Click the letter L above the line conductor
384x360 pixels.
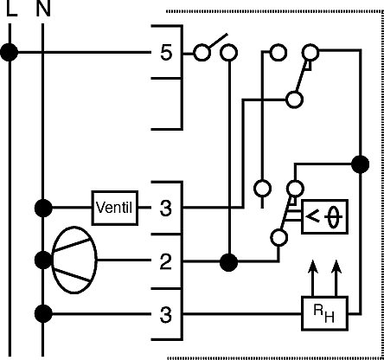tap(11, 8)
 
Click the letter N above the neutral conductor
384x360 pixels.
tap(43, 8)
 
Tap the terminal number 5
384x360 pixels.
tap(166, 53)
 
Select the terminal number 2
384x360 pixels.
tap(165, 262)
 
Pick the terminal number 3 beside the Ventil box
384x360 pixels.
tap(166, 208)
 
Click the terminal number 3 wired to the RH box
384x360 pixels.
tap(166, 314)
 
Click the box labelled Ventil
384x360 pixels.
tap(115, 208)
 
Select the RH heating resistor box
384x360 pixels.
tap(324, 313)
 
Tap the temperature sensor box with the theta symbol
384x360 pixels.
tap(324, 216)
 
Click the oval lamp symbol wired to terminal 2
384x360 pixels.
tap(74, 260)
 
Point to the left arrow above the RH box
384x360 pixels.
tap(312, 278)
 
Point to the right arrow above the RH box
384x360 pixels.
tap(336, 278)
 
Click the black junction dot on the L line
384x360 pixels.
tap(10, 53)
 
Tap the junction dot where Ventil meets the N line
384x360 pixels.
tap(43, 208)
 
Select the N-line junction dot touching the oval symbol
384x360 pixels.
tap(43, 260)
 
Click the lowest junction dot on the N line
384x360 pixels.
tap(43, 314)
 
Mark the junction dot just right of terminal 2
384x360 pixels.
tap(228, 262)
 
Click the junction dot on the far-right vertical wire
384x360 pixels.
tap(361, 164)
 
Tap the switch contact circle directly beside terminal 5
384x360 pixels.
tap(202, 53)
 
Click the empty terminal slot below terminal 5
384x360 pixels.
tap(167, 104)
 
